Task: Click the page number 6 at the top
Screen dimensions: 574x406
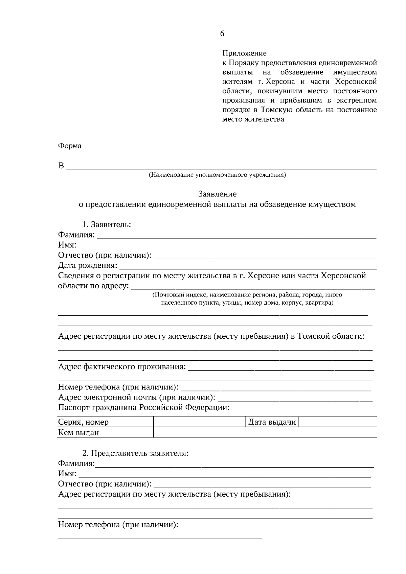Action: coord(222,33)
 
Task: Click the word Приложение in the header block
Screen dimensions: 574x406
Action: coord(244,53)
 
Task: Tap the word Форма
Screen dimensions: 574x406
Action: coord(70,146)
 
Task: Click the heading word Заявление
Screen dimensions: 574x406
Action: coord(217,194)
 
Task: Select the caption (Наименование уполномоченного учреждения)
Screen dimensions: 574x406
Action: coord(217,175)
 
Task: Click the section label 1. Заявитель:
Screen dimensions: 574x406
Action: coord(107,224)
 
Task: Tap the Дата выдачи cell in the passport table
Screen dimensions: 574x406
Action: coord(272,422)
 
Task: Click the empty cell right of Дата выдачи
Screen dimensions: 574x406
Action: coord(338,422)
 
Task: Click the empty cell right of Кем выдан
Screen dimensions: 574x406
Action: coord(265,432)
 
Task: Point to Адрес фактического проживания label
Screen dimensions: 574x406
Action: coord(122,367)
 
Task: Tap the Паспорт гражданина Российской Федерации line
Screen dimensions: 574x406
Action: coord(144,407)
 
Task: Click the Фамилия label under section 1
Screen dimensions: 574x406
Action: coord(76,235)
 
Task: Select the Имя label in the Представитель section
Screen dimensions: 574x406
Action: coord(67,474)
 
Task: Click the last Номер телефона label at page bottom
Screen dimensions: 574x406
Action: coord(118,525)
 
